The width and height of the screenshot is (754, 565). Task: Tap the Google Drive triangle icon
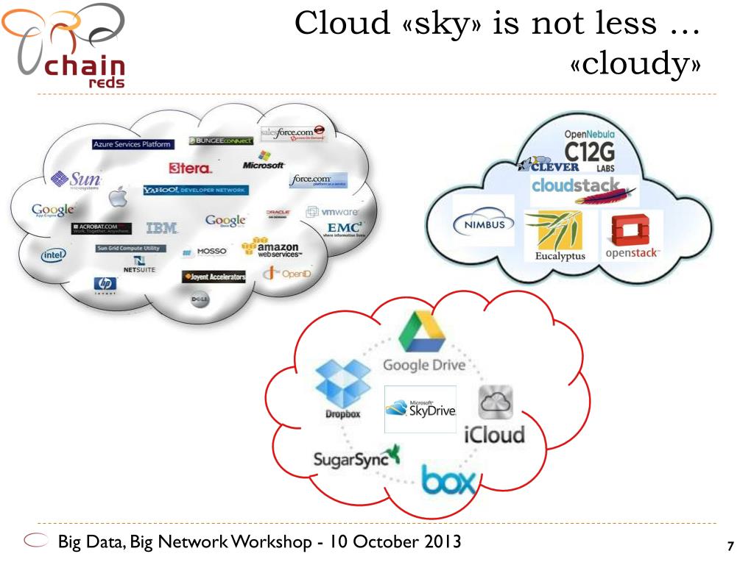[422, 333]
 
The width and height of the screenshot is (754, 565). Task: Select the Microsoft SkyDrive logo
[420, 409]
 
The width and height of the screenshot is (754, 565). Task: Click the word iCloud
[494, 433]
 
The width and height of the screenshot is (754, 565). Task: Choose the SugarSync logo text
[350, 460]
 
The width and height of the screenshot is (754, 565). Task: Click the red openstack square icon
[631, 230]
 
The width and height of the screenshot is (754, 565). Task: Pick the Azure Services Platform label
[133, 144]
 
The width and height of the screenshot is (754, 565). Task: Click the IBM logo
[161, 228]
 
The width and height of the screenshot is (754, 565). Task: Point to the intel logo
[53, 255]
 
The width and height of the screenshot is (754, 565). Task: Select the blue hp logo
[105, 284]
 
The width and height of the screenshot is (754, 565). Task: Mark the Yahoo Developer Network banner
[196, 190]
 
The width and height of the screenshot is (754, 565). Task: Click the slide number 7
[730, 546]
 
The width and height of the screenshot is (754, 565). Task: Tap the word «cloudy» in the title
[634, 65]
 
